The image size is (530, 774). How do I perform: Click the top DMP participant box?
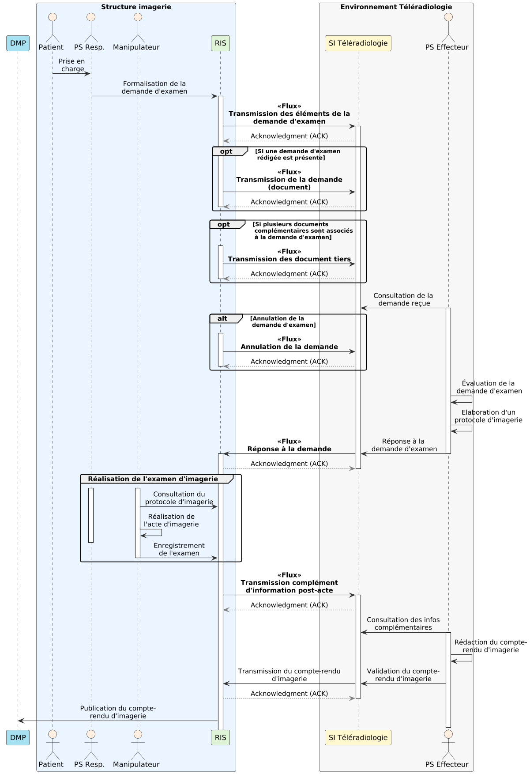(x=18, y=43)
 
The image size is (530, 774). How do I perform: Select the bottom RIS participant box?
(x=220, y=737)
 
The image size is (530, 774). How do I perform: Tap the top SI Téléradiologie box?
(x=358, y=43)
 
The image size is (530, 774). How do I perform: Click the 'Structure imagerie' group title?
(x=136, y=7)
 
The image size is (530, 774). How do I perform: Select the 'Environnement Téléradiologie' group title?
(x=396, y=7)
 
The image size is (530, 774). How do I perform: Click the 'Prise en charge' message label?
(x=72, y=65)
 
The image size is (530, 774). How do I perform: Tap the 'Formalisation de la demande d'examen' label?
(x=154, y=87)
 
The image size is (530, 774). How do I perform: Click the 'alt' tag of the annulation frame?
(x=222, y=319)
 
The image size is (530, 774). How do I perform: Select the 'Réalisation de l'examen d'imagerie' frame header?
(x=153, y=479)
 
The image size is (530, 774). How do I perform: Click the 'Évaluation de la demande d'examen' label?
(x=489, y=387)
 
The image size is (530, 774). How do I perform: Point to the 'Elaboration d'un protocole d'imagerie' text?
(x=488, y=416)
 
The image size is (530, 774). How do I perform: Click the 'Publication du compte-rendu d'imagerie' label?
(x=118, y=712)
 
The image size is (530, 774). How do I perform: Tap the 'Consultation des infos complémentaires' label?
(x=403, y=624)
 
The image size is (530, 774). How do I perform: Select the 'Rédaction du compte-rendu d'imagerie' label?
(x=490, y=646)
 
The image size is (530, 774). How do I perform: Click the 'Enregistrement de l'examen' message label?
(x=179, y=549)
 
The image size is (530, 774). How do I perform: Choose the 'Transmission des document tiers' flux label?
(x=289, y=259)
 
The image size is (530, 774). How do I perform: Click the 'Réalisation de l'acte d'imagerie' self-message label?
(x=171, y=521)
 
